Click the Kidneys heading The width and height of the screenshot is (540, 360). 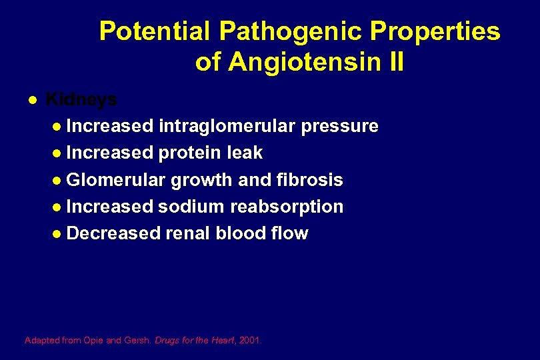tap(81, 99)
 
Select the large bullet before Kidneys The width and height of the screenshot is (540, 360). tap(31, 100)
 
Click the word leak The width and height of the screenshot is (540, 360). tap(245, 153)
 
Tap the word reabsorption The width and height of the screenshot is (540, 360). tap(287, 207)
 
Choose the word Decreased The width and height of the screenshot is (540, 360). tap(114, 233)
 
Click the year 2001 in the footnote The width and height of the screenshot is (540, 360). tap(250, 340)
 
